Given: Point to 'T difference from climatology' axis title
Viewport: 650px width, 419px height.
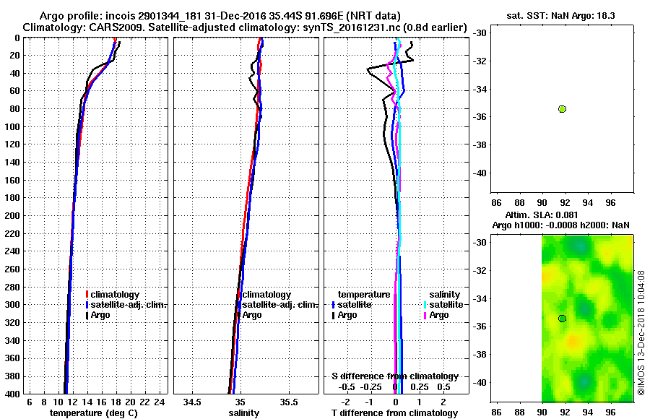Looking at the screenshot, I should tap(395, 413).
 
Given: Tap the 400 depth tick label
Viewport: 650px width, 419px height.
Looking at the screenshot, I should tap(12, 394).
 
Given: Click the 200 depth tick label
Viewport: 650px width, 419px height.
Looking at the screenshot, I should tap(12, 215).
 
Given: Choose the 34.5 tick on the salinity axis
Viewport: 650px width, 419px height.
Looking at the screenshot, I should tap(193, 402).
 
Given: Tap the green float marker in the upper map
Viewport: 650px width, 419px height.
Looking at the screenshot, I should tap(562, 108).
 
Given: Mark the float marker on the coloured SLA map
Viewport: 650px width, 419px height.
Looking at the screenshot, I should tap(562, 319).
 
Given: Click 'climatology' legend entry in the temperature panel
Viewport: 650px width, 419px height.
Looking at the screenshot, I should tap(114, 295).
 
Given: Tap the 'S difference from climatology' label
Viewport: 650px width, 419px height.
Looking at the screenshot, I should tap(395, 376).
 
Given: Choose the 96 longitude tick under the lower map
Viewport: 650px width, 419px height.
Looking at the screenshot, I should tap(611, 412).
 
